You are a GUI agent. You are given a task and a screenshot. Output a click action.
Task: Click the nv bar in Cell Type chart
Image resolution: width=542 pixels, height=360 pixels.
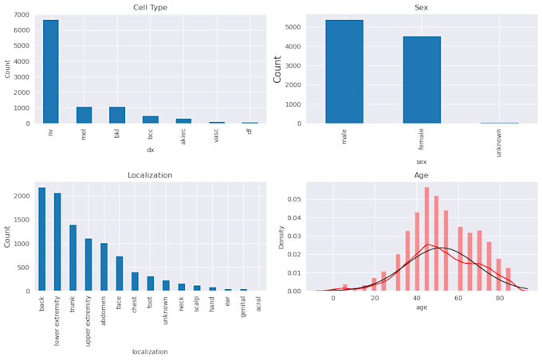[51, 72]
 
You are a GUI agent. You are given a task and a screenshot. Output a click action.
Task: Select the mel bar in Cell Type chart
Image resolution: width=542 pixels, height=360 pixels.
[84, 115]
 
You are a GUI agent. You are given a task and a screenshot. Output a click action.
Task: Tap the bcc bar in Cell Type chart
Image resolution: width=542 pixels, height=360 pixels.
[151, 119]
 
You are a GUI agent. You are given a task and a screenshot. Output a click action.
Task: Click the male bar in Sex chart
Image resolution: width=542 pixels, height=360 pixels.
[344, 72]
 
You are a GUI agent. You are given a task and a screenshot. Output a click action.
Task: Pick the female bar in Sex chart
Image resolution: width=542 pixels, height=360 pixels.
[422, 80]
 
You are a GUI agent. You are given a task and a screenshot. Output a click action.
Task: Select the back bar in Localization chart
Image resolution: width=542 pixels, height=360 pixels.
[41, 239]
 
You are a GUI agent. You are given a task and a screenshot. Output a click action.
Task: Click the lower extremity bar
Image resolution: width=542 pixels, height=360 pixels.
[57, 242]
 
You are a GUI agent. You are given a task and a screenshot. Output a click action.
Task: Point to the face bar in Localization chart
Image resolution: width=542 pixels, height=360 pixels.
[120, 274]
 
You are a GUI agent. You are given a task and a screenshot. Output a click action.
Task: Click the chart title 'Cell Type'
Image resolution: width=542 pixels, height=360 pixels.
[150, 8]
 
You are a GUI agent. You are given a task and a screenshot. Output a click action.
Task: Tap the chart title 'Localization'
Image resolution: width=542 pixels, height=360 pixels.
[150, 175]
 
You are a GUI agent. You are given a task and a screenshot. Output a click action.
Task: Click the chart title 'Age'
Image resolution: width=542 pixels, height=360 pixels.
[421, 175]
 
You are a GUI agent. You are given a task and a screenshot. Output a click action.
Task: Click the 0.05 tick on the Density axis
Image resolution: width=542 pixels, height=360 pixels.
[296, 200]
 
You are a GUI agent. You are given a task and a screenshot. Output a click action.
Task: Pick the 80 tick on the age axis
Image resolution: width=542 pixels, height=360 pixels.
[499, 299]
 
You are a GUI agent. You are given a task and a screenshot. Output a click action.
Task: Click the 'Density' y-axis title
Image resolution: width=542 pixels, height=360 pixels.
[281, 237]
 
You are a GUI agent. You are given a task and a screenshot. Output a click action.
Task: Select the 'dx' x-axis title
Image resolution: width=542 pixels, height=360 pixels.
[150, 150]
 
